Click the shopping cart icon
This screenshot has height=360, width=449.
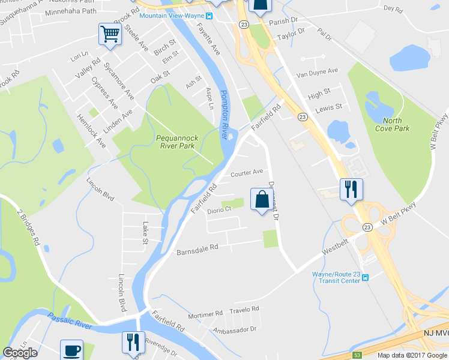click(110, 34)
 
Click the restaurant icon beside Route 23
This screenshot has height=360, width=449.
click(350, 189)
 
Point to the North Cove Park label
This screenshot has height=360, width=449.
click(392, 124)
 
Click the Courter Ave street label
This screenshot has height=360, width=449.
click(247, 172)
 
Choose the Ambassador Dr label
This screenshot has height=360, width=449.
click(234, 330)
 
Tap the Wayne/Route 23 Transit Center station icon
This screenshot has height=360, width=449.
click(364, 277)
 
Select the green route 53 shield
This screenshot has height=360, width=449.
click(357, 355)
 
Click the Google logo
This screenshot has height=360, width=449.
click(20, 352)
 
